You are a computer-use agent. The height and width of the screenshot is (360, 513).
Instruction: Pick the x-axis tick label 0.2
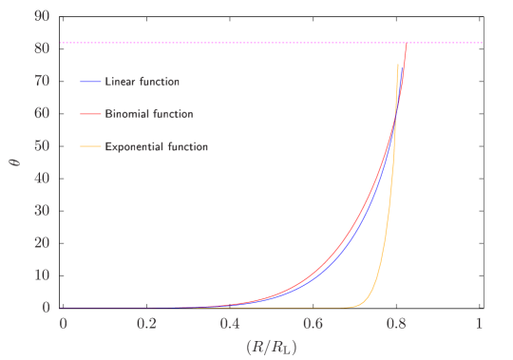(x=146, y=323)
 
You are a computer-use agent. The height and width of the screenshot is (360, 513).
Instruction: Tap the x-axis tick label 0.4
(x=230, y=323)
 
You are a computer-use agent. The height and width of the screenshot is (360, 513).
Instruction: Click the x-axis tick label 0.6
(x=313, y=323)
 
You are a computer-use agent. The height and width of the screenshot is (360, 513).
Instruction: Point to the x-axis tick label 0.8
(x=396, y=323)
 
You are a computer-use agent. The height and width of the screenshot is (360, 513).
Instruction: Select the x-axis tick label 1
(x=479, y=323)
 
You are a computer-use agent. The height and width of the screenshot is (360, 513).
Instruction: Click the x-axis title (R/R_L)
(x=272, y=346)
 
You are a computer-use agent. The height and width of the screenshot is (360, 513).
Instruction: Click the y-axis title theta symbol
(x=12, y=161)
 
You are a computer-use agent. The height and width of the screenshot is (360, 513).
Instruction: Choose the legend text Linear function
(x=142, y=82)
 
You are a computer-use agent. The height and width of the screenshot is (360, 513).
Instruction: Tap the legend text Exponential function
(x=157, y=147)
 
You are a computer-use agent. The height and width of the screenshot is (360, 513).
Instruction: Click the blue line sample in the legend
(x=91, y=82)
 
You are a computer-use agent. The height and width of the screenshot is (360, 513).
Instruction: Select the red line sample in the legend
(x=91, y=114)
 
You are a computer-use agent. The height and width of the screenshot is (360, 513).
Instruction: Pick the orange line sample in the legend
(x=91, y=147)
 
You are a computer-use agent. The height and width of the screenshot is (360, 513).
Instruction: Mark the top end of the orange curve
(x=398, y=64)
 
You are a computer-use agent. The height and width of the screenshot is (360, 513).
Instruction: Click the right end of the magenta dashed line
(x=483, y=43)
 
